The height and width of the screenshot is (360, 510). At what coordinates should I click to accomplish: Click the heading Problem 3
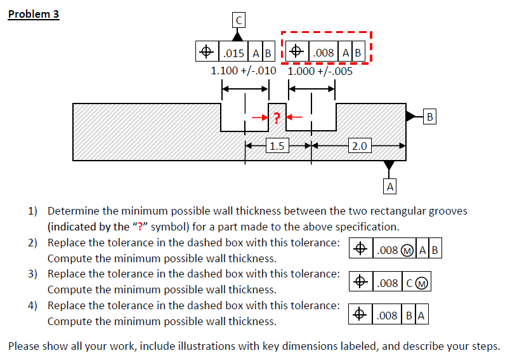click(34, 14)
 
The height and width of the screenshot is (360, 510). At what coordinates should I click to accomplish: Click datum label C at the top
click(238, 20)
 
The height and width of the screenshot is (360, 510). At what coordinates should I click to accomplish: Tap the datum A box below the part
click(390, 186)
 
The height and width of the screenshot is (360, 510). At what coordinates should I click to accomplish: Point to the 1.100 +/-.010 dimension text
click(244, 70)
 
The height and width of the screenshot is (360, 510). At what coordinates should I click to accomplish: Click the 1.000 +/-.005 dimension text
click(320, 70)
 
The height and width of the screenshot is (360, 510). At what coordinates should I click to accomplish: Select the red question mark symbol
click(277, 117)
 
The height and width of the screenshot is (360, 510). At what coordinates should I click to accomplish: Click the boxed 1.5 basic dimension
click(277, 146)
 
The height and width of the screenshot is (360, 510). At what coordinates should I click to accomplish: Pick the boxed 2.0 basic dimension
click(359, 146)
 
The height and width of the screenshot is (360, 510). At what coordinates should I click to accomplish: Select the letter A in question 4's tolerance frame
click(421, 315)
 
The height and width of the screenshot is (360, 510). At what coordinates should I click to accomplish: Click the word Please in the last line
click(25, 347)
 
